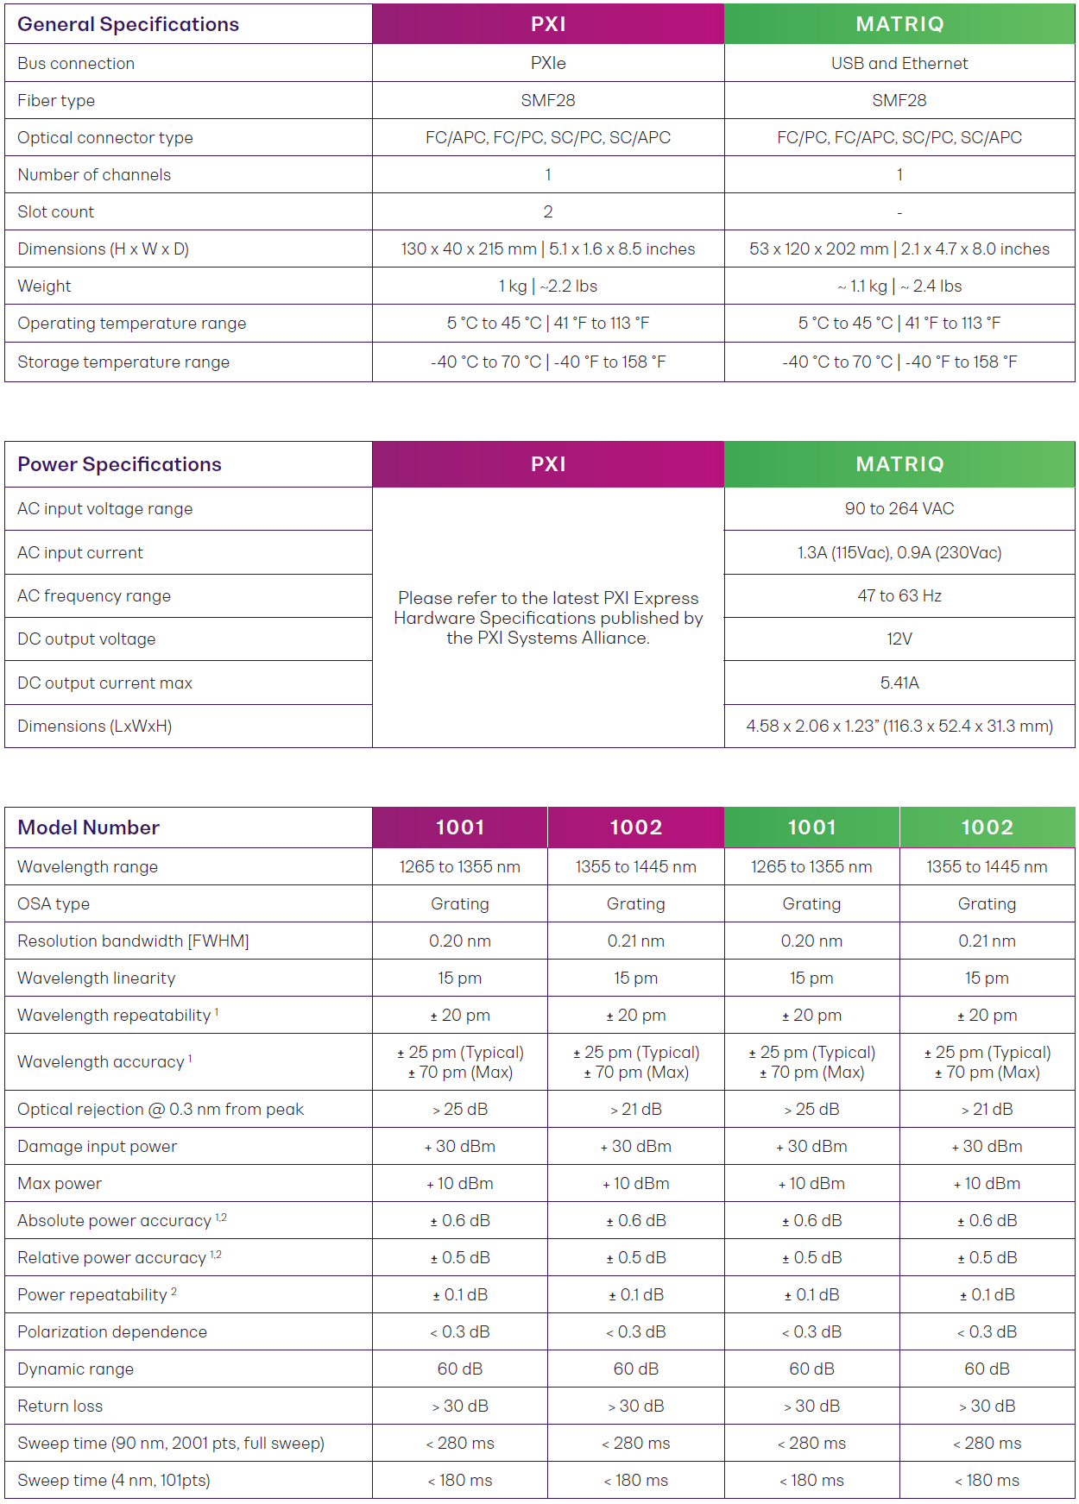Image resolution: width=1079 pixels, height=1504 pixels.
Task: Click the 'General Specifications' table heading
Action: coord(128,24)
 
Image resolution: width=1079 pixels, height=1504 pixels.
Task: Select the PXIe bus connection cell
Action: coord(548,63)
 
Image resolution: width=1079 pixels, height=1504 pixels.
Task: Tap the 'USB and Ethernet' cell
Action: coord(899,63)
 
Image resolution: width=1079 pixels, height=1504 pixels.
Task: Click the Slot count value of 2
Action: coord(548,211)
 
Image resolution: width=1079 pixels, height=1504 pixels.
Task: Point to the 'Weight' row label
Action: coord(44,286)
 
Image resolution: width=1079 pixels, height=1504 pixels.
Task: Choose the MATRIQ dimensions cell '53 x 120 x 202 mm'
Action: coord(899,249)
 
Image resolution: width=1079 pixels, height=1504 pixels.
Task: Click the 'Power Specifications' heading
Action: coord(119,464)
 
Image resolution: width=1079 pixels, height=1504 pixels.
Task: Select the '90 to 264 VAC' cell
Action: coord(899,508)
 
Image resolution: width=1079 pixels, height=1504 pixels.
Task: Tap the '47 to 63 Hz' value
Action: coord(899,595)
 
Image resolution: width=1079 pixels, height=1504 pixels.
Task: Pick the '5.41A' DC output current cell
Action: coord(899,683)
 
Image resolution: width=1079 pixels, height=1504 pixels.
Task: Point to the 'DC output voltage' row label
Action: coord(86,639)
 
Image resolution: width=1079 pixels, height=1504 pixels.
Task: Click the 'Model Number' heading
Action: coord(88,828)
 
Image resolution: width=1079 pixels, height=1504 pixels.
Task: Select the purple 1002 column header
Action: coord(635,828)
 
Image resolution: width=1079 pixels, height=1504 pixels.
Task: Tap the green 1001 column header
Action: coord(811,828)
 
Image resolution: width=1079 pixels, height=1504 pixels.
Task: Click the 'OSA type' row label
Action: coord(54,903)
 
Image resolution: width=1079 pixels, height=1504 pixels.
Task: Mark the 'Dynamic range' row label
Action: coord(75,1369)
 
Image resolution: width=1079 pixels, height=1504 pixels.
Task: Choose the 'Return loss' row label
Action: coord(60,1406)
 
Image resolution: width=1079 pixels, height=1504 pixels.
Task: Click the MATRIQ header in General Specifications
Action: coord(899,24)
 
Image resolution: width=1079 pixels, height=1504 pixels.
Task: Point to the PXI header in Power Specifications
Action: coord(548,464)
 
